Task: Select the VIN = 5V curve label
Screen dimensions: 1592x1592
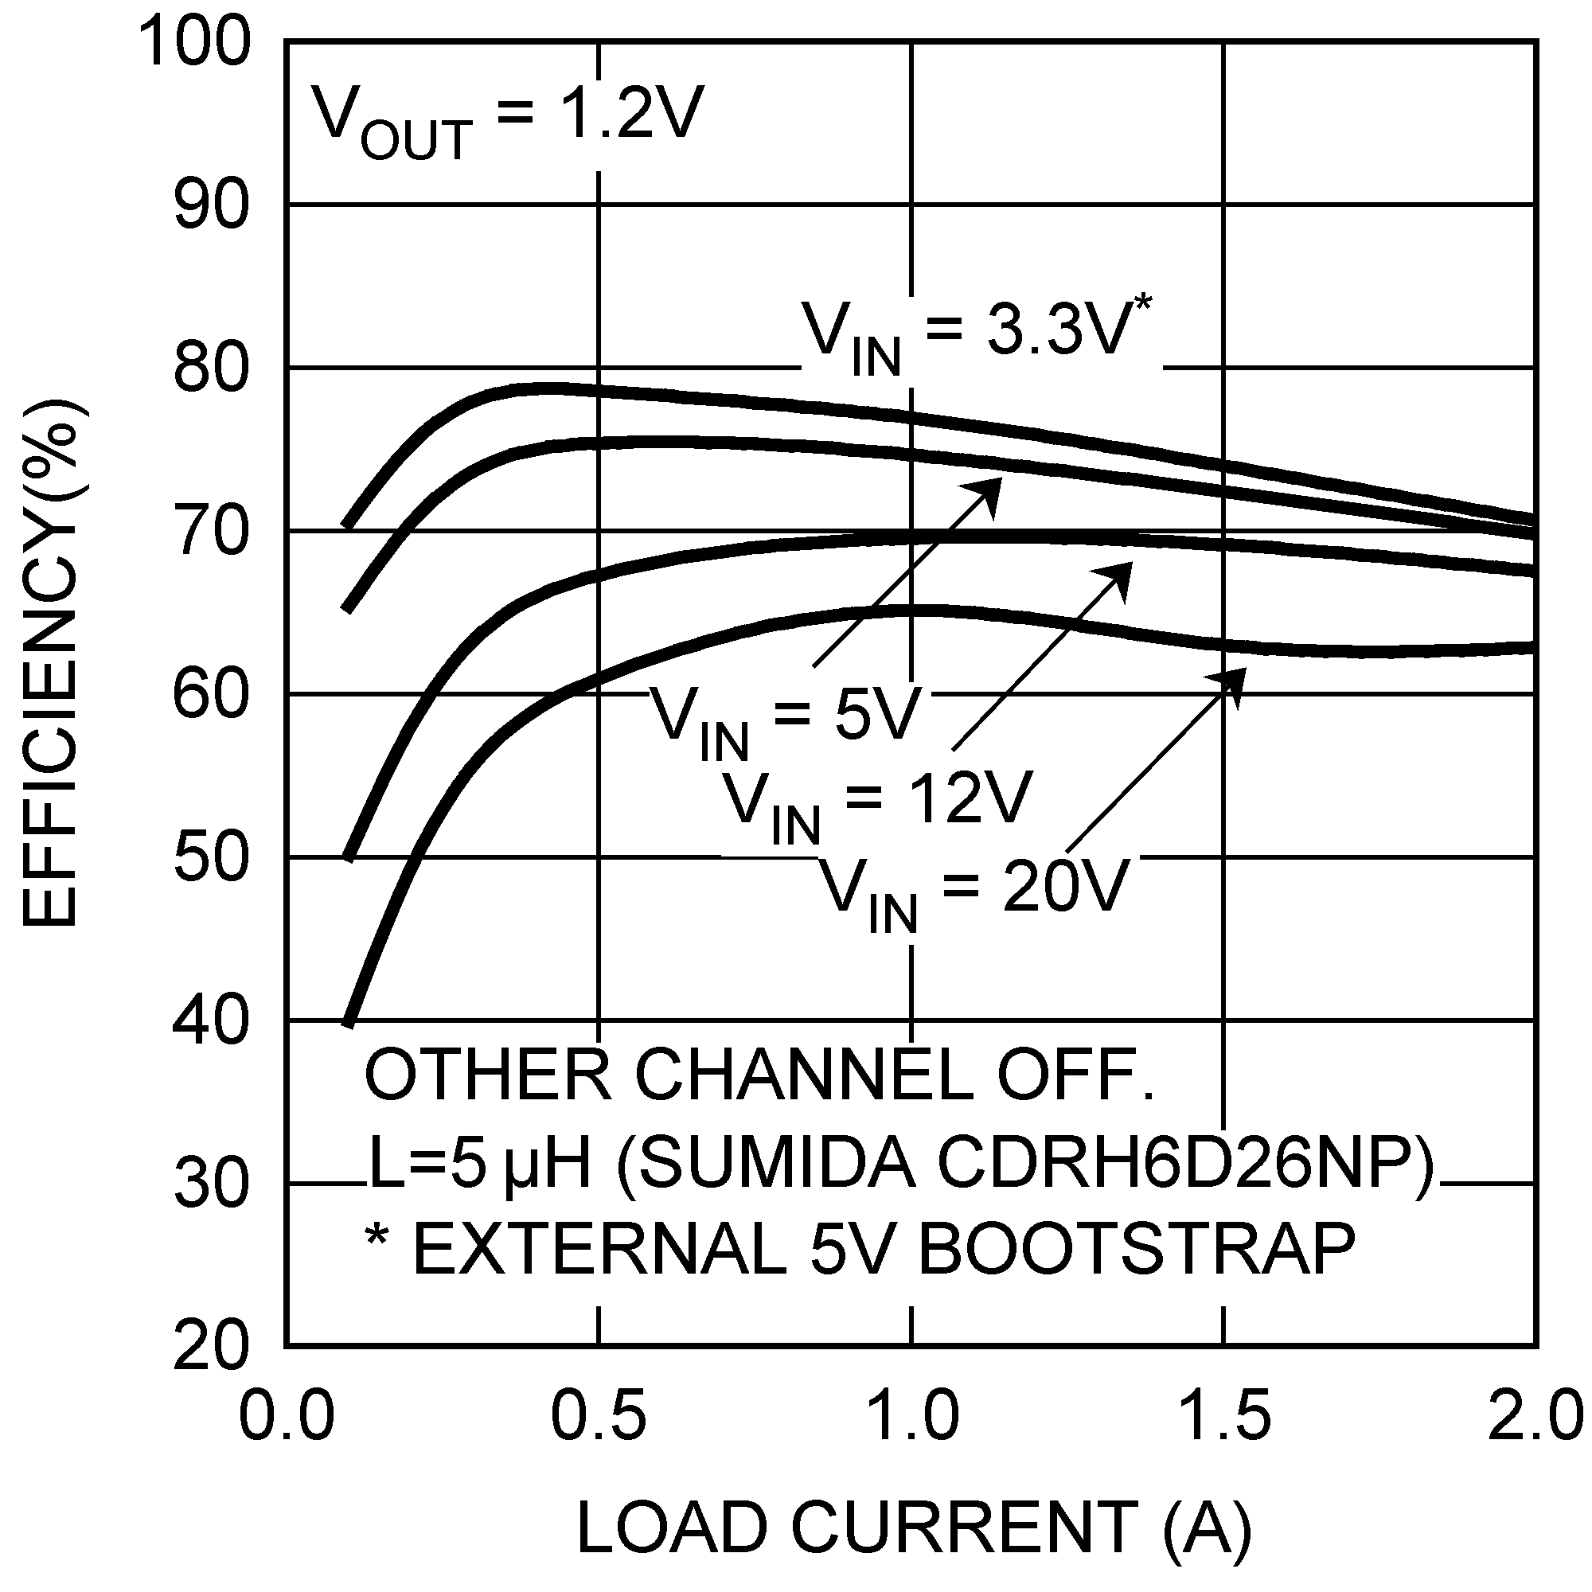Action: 782,718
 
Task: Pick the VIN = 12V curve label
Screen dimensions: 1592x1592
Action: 876,804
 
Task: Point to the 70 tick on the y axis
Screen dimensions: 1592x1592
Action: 211,533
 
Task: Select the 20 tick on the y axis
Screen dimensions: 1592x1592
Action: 211,1348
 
